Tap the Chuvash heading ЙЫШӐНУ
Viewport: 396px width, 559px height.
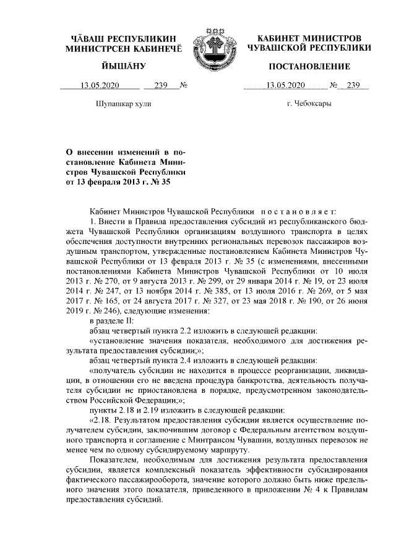pos(123,66)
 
